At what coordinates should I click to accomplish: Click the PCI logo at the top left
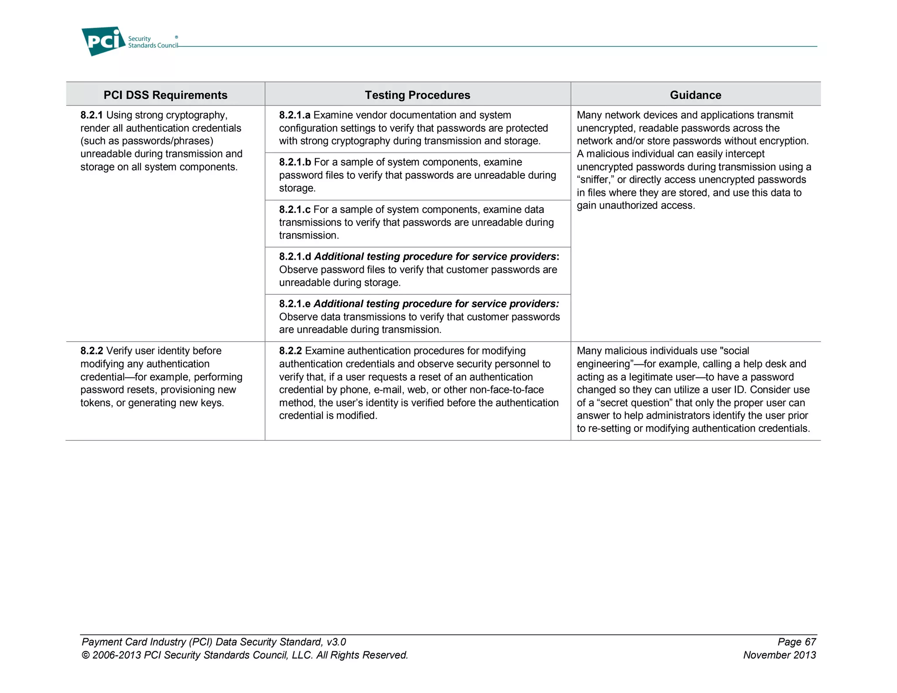pyautogui.click(x=103, y=41)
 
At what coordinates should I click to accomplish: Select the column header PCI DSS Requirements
pyautogui.click(x=165, y=95)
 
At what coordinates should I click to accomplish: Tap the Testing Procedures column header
pyautogui.click(x=417, y=95)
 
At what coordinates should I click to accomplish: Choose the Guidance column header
pyautogui.click(x=695, y=95)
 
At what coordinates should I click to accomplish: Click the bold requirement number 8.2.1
pyautogui.click(x=92, y=115)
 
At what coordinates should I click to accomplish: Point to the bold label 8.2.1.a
pyautogui.click(x=295, y=115)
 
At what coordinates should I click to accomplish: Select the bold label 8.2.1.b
pyautogui.click(x=295, y=163)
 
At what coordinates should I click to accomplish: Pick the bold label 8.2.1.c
pyautogui.click(x=295, y=210)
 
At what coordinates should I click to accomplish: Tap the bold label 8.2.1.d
pyautogui.click(x=295, y=257)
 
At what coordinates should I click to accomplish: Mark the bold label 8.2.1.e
pyautogui.click(x=295, y=304)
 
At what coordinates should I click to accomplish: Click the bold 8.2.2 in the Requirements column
pyautogui.click(x=92, y=351)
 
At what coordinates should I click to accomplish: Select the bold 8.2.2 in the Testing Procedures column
pyautogui.click(x=290, y=351)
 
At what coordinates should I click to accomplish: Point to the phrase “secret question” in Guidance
pyautogui.click(x=635, y=403)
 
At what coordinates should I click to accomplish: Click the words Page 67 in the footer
pyautogui.click(x=796, y=642)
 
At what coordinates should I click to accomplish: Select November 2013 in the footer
pyautogui.click(x=779, y=655)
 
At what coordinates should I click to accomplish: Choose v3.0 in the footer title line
pyautogui.click(x=336, y=642)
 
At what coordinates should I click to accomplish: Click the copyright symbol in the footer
pyautogui.click(x=85, y=655)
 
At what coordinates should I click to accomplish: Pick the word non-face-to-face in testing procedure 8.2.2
pyautogui.click(x=506, y=390)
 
